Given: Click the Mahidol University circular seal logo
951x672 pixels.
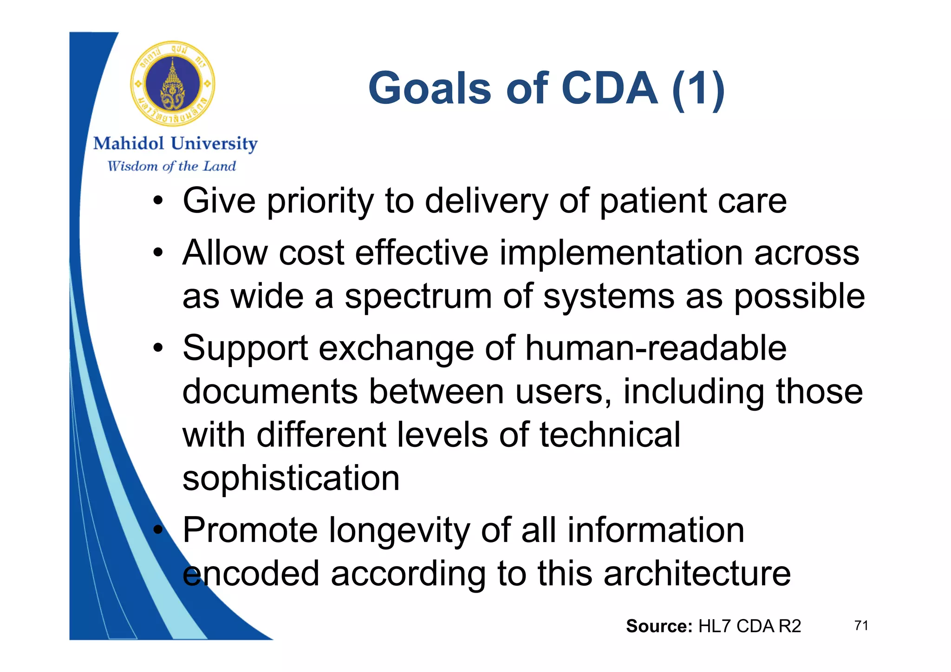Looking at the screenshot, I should [172, 84].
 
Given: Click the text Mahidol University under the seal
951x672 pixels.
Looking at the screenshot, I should [175, 144].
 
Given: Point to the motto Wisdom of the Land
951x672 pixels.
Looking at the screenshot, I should [171, 166].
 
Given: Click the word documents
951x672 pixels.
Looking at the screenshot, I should [270, 392].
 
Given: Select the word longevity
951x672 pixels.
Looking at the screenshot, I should [399, 530].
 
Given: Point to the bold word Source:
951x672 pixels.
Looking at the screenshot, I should [659, 627].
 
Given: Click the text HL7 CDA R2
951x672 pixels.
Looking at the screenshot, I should [749, 627].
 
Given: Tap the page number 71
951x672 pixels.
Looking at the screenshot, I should [861, 626].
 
